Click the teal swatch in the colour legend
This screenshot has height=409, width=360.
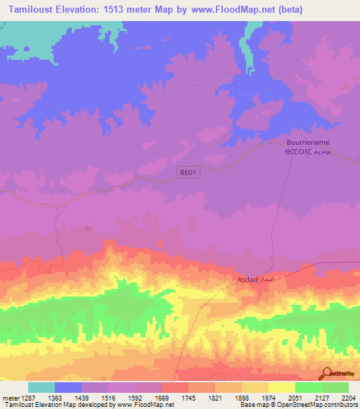click(x=41, y=387)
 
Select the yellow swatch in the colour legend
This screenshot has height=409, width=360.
click(x=281, y=387)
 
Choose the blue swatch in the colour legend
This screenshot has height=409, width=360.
click(x=68, y=387)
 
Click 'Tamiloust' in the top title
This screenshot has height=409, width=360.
click(x=35, y=8)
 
